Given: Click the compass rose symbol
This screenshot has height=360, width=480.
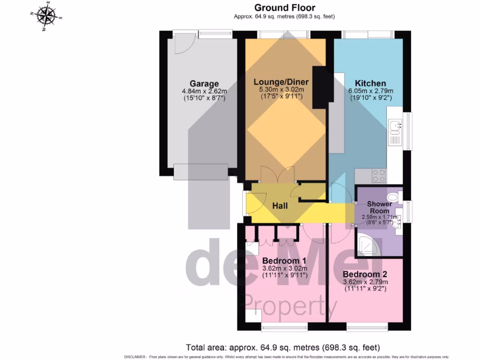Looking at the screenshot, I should coord(46,16).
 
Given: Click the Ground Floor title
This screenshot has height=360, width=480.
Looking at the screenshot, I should coord(285,7).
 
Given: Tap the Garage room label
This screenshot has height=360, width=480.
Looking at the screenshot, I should coord(204,84).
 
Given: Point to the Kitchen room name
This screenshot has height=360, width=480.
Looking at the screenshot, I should coord(370,83).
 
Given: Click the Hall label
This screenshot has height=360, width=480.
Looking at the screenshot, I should coord(280,206).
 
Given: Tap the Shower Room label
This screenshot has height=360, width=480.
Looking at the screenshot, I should coord(379,207).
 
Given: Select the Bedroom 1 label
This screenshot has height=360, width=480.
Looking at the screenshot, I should coord(285,261).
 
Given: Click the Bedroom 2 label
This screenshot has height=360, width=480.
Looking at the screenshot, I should coord(365,274).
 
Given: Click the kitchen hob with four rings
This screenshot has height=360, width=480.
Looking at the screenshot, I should coord(379,176).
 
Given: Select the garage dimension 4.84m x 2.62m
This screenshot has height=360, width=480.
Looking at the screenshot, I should coord(204,92).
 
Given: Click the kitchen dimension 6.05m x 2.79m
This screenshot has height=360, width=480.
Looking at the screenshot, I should coord(371,91).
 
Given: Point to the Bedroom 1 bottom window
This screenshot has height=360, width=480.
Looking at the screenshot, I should coord(285,327).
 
